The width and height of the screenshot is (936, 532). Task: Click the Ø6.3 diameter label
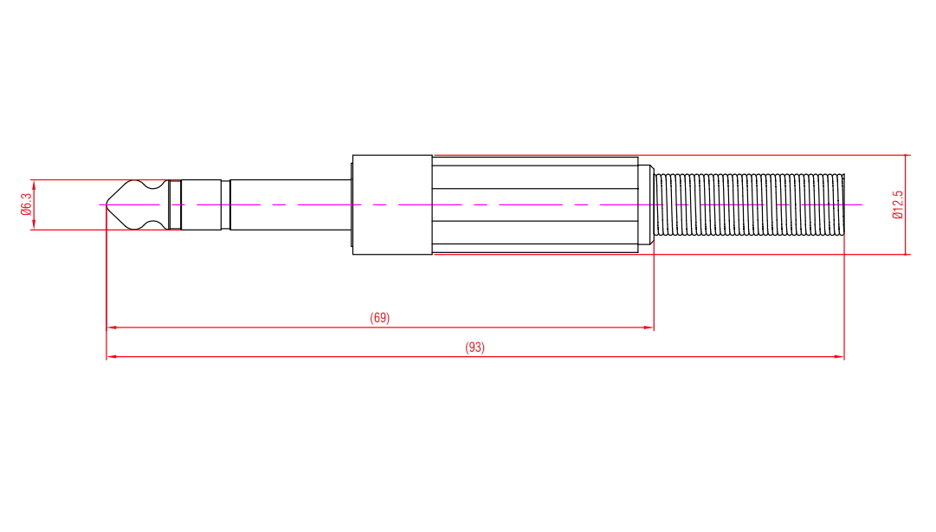coord(26,204)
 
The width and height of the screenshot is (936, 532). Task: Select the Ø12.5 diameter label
coord(898,204)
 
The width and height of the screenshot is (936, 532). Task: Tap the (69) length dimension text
coord(379,318)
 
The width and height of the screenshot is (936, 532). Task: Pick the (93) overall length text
coord(474,347)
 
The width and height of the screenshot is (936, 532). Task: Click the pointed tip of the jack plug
coord(107,204)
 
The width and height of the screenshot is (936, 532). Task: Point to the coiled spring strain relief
coord(750,204)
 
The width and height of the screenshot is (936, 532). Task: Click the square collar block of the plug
coord(392,204)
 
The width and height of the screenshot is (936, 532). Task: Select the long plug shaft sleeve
coord(291,204)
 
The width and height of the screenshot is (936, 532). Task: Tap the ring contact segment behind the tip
coord(201,204)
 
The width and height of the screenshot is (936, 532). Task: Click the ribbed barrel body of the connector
coord(535,204)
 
